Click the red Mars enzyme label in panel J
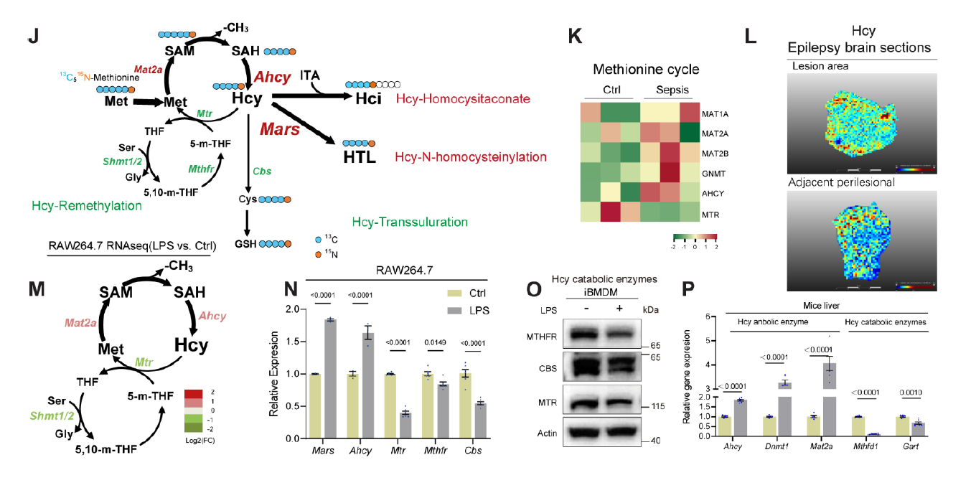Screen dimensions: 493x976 pyautogui.click(x=279, y=131)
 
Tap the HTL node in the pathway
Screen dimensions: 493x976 pyautogui.click(x=360, y=156)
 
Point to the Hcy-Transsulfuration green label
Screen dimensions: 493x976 pyautogui.click(x=410, y=222)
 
